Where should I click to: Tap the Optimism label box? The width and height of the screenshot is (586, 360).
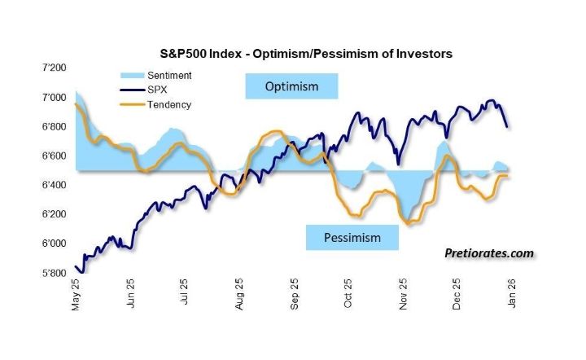[x=291, y=86]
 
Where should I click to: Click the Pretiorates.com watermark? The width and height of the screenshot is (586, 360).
[x=489, y=253]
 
